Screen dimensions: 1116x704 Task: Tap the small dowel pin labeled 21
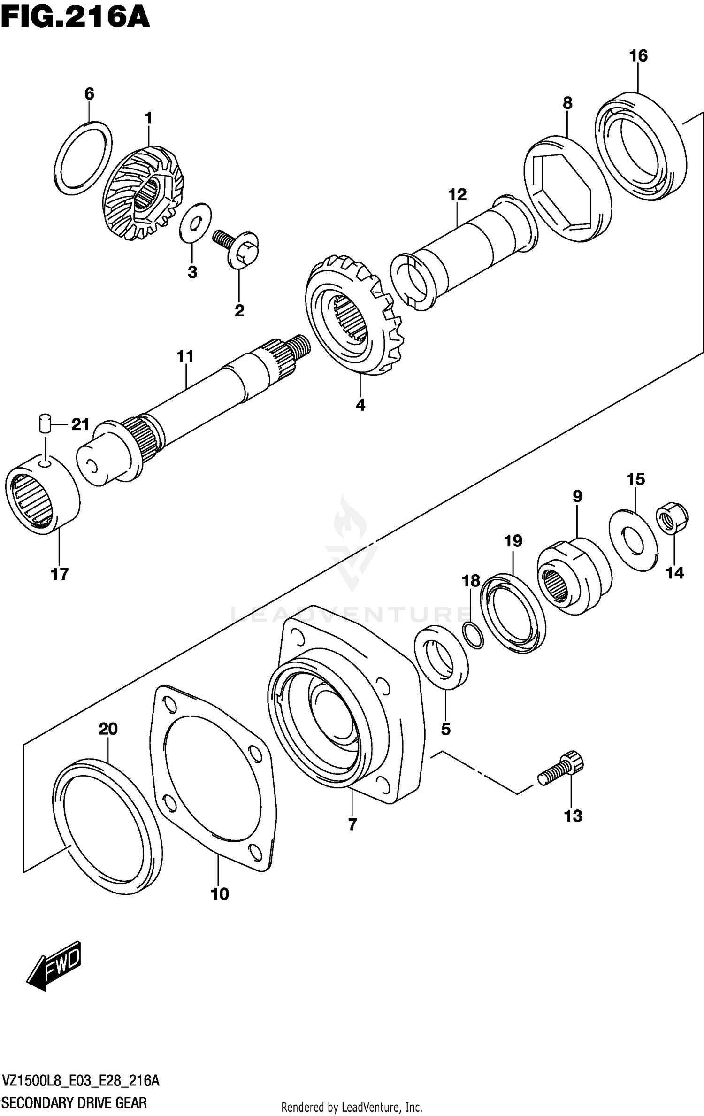click(44, 423)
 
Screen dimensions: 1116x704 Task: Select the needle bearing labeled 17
click(42, 494)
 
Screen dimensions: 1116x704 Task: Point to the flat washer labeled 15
click(633, 540)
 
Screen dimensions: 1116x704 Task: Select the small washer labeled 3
click(195, 223)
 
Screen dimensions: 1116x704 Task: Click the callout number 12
click(457, 194)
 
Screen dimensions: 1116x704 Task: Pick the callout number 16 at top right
click(638, 56)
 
